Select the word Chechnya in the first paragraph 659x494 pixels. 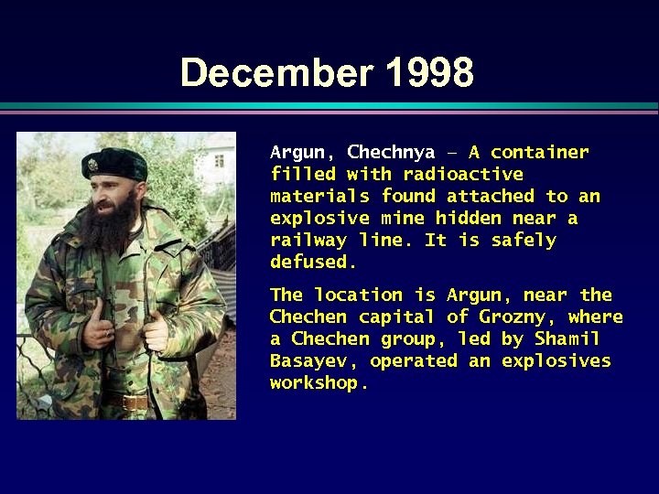click(391, 152)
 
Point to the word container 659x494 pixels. click(539, 152)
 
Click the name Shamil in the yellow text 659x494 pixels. click(567, 338)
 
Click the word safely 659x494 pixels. click(524, 240)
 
